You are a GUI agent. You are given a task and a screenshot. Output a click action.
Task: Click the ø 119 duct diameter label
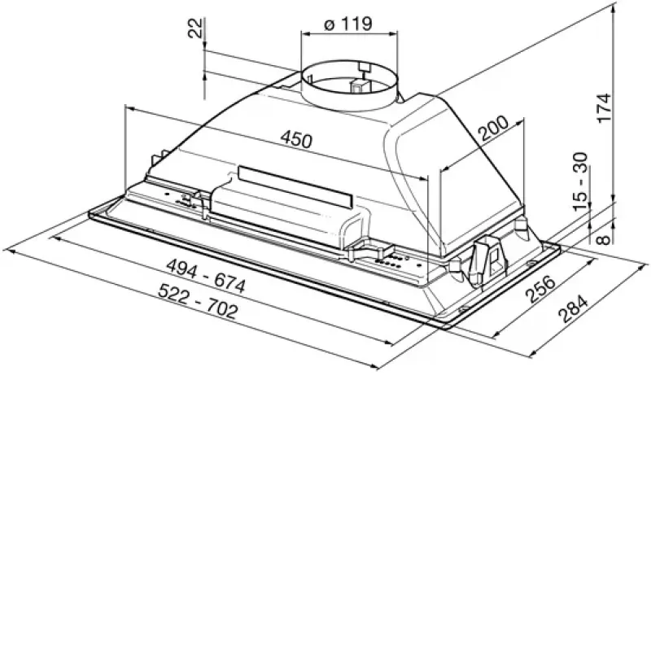point(348,24)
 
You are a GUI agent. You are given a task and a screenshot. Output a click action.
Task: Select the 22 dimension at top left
point(195,28)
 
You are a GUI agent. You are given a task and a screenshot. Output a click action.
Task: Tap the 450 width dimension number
point(296,138)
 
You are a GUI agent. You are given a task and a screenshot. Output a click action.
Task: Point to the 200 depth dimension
point(493,128)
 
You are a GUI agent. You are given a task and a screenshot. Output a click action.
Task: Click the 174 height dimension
point(604,108)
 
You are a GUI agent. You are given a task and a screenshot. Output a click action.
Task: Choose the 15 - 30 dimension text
point(581,181)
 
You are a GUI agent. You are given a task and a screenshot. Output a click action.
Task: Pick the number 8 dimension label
point(604,239)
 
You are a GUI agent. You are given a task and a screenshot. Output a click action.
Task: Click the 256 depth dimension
point(540,289)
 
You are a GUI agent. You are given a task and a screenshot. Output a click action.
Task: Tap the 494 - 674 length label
point(206,276)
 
